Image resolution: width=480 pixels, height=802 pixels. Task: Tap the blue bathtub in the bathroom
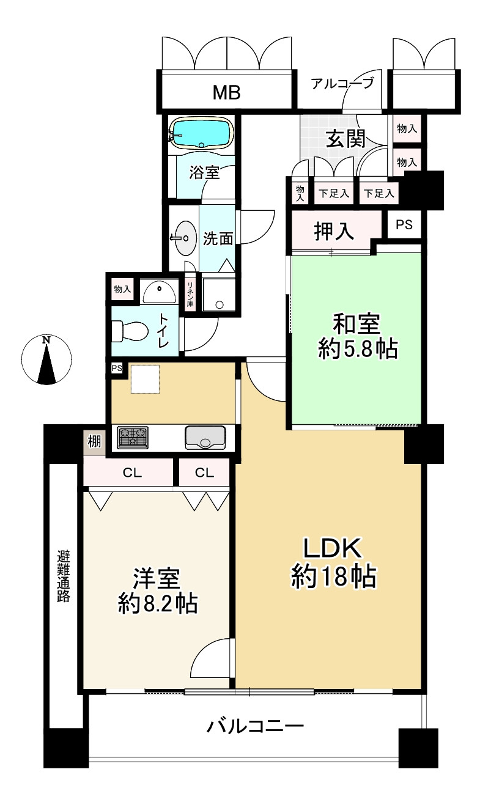(201, 133)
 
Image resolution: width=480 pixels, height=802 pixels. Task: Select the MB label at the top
(226, 93)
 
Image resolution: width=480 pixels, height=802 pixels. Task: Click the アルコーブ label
(342, 84)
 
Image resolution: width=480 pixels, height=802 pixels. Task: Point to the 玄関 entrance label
(345, 139)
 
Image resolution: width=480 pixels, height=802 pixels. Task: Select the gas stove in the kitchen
(133, 437)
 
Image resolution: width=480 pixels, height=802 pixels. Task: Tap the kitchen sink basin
(205, 438)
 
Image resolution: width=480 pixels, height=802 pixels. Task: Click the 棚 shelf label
(94, 441)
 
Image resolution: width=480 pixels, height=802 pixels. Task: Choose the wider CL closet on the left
(128, 473)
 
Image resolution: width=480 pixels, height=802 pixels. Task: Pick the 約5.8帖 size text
(358, 350)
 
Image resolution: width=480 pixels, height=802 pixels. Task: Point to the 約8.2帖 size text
(157, 604)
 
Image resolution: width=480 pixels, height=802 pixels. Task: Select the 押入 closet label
(334, 231)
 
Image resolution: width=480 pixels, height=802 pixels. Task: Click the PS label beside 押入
(404, 225)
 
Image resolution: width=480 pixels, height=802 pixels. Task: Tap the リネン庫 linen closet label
(191, 295)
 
